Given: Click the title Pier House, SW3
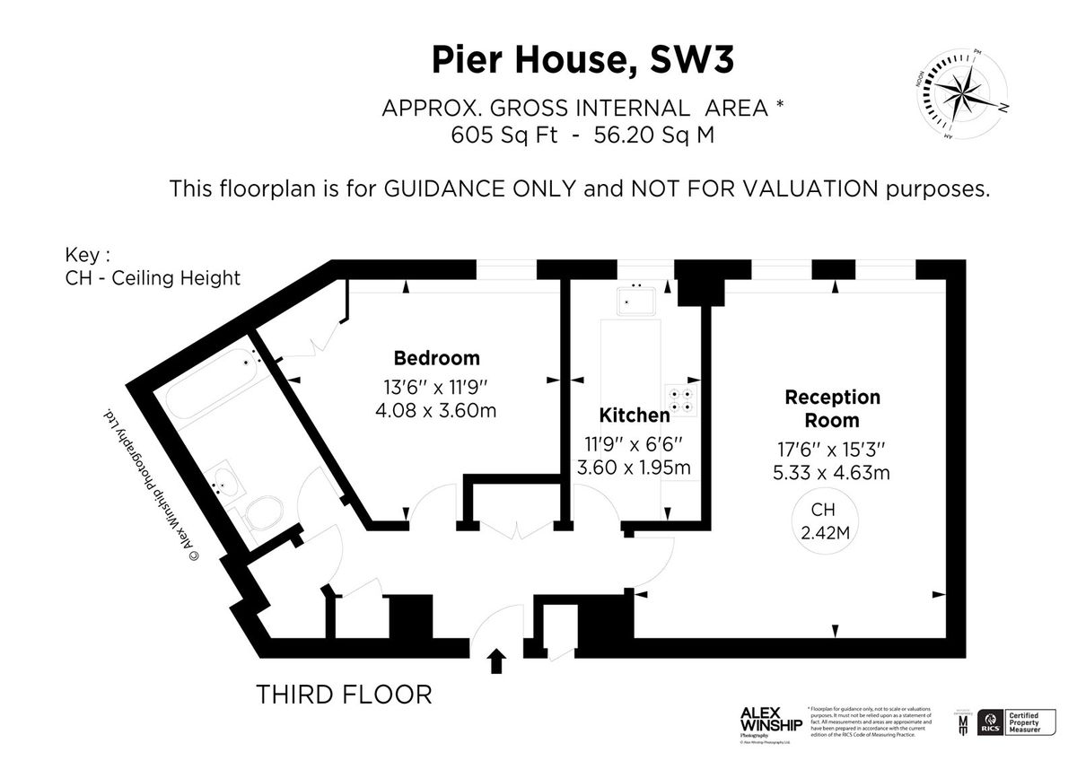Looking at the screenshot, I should (x=582, y=60).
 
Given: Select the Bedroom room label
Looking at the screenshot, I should (x=437, y=358).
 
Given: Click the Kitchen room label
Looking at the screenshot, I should (x=634, y=415).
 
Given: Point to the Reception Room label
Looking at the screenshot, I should (x=832, y=408).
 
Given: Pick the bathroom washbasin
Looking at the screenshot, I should (x=223, y=485).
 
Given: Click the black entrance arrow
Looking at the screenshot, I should (x=496, y=662).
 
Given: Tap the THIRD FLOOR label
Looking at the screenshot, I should (x=344, y=694).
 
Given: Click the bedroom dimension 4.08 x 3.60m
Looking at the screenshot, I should (x=436, y=411).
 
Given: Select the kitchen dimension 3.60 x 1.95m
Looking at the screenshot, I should (x=634, y=468).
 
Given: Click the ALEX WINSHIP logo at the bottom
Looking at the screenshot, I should (x=770, y=721).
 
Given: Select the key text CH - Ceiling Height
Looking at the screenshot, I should (x=153, y=277).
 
